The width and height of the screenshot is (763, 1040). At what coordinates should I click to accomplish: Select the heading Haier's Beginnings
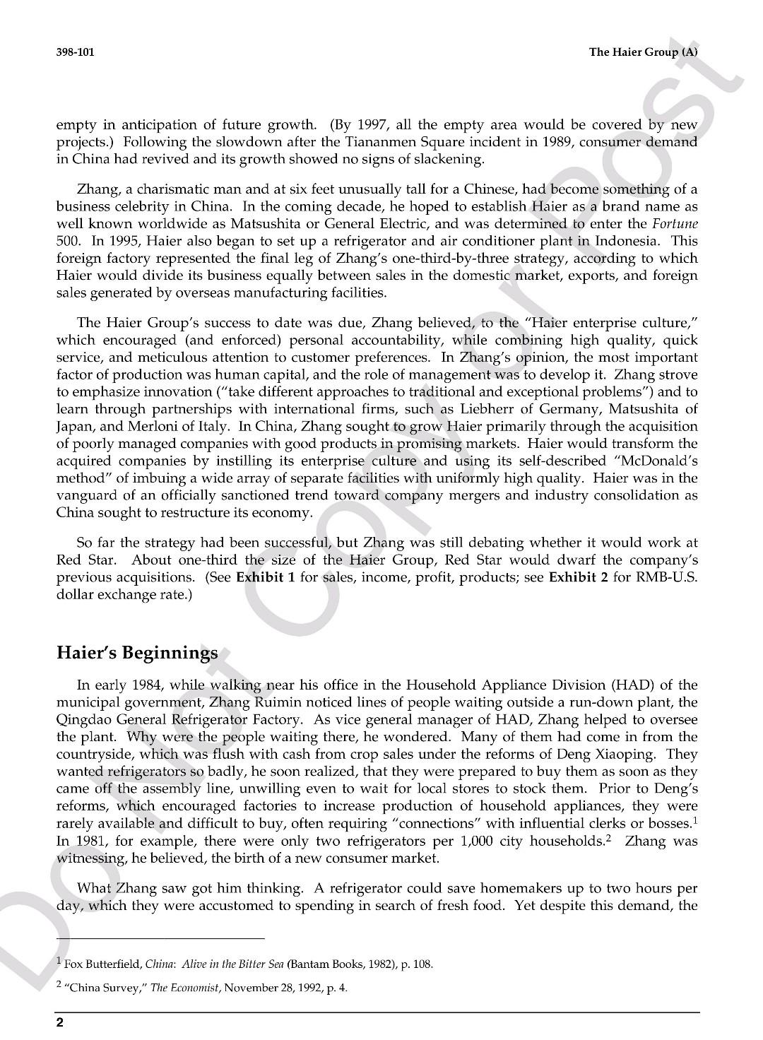point(137,652)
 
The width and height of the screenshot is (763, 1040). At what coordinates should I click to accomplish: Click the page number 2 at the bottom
point(60,1023)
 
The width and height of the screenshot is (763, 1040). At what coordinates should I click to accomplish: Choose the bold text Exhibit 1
point(265,577)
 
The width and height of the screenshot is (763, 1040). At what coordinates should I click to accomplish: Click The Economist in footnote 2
point(179,988)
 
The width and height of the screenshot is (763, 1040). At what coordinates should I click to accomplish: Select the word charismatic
point(160,189)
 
